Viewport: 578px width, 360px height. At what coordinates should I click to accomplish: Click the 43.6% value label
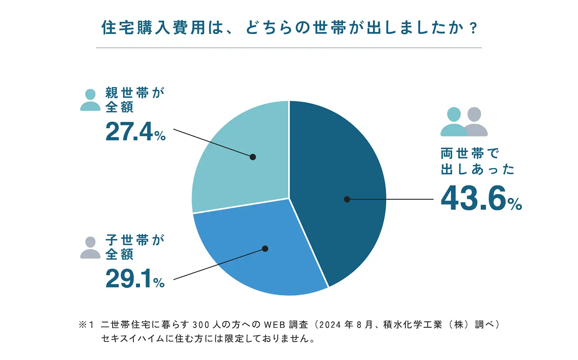(x=481, y=199)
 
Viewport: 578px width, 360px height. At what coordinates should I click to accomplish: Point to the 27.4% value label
(x=135, y=132)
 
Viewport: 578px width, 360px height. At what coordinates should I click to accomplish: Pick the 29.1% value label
(x=135, y=279)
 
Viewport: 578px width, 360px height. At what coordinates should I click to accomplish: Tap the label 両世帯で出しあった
(x=477, y=161)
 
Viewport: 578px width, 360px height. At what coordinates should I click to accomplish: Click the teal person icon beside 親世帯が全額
(x=90, y=100)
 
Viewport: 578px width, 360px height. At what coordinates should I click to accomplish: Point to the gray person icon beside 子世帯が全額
(x=90, y=247)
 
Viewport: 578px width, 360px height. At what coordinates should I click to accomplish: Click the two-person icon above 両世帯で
(x=464, y=122)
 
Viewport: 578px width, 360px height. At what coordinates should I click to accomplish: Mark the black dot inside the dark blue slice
(x=347, y=199)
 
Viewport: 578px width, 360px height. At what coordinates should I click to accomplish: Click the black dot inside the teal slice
(x=253, y=157)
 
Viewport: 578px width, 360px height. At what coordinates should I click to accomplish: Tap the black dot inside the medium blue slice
(x=265, y=249)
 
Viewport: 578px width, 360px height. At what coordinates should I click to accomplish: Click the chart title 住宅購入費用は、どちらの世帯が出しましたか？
(x=289, y=28)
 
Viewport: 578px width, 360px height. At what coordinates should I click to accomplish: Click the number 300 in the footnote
(x=201, y=325)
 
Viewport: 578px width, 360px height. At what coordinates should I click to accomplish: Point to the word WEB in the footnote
(x=274, y=325)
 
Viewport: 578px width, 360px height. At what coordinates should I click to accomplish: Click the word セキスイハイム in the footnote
(x=129, y=339)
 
